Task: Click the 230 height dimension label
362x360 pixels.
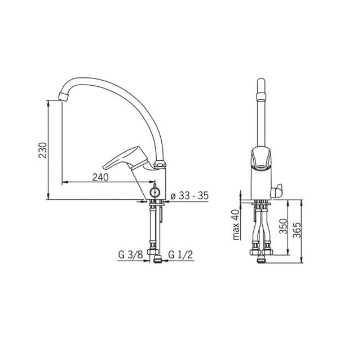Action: [x=43, y=150]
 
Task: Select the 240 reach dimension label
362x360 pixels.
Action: [x=100, y=177]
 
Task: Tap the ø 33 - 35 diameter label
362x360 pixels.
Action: [x=189, y=196]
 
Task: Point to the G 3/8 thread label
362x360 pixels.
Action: [x=130, y=254]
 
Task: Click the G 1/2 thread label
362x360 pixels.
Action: [x=180, y=254]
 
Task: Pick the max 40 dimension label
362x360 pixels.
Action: [x=236, y=225]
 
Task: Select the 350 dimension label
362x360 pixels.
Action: [x=283, y=226]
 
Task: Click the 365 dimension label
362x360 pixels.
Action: [x=297, y=230]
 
